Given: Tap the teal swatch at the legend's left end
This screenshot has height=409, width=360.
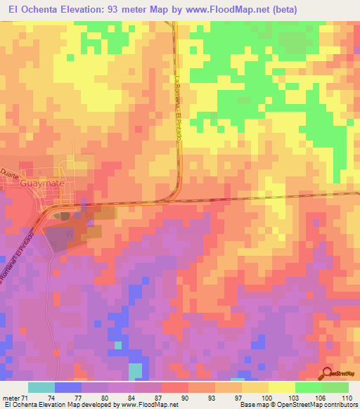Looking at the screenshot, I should [x=41, y=387].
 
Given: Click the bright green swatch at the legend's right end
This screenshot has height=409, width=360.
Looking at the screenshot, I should [x=335, y=387].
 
